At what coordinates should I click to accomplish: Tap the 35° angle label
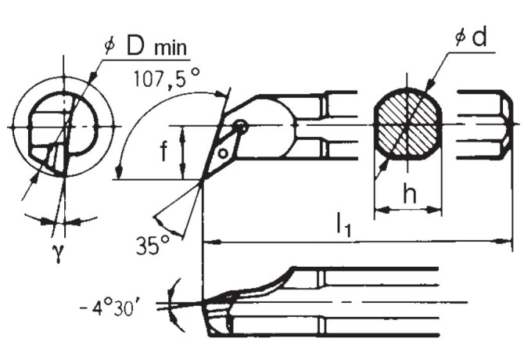[x=152, y=244]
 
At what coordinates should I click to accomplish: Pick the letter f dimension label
[x=163, y=152]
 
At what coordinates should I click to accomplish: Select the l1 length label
[x=344, y=228]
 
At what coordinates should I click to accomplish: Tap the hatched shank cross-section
[x=407, y=125]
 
